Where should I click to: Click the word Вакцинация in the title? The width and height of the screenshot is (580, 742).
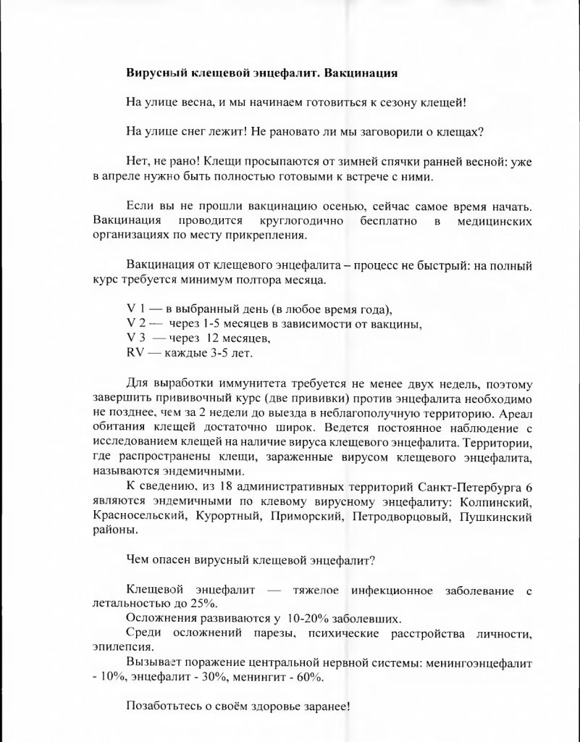pyautogui.click(x=361, y=73)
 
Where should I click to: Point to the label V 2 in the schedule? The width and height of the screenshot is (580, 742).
pyautogui.click(x=134, y=324)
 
